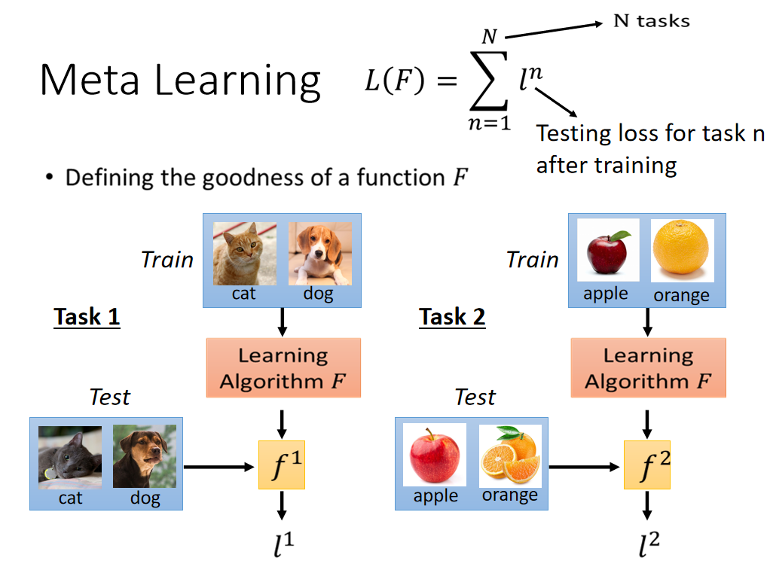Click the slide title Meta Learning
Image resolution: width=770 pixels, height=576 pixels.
[180, 81]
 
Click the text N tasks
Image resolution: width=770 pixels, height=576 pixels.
[651, 21]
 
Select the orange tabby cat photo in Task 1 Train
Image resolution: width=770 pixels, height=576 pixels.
[244, 254]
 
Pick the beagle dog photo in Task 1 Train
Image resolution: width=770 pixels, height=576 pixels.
[319, 254]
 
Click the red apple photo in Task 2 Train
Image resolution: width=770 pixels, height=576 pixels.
[608, 251]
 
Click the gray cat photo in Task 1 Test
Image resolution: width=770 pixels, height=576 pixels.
[70, 456]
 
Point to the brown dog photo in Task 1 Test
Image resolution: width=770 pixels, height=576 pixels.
[144, 456]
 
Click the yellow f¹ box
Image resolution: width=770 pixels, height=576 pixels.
[282, 465]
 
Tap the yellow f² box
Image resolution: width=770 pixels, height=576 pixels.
[646, 465]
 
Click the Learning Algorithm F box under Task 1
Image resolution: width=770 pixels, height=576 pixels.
[283, 367]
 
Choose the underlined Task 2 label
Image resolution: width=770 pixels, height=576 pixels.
[452, 317]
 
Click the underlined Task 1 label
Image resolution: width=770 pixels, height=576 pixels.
[87, 317]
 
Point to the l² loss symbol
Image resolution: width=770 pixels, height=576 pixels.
[647, 546]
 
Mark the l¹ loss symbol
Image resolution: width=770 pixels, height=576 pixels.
[283, 546]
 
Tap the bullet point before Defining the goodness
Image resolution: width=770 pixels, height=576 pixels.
[50, 178]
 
